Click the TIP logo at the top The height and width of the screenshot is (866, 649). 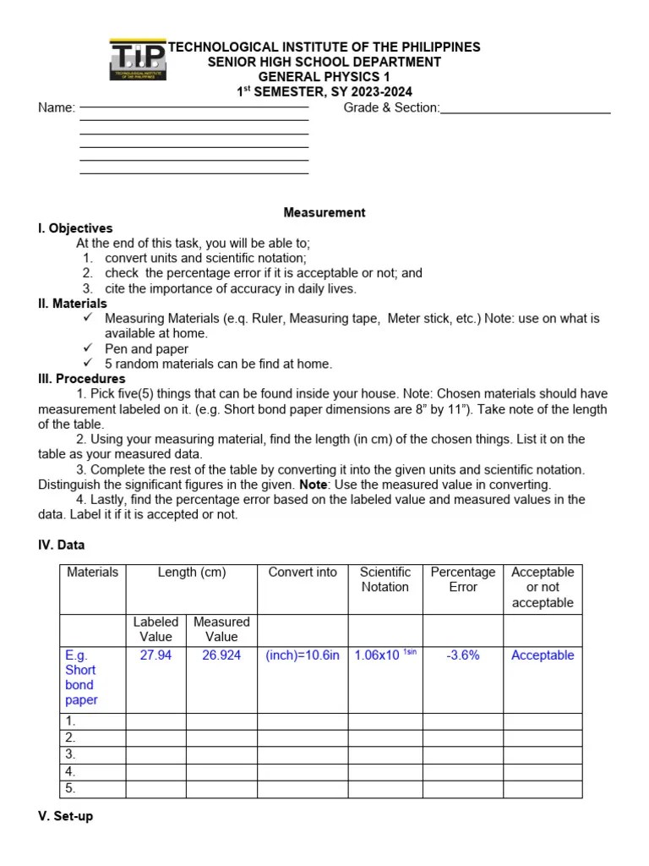coord(138,60)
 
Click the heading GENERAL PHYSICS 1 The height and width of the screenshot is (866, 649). coord(324,77)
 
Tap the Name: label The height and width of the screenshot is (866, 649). coord(57,107)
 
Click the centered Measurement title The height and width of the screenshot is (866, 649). coord(324,213)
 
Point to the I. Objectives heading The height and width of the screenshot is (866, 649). coord(75,228)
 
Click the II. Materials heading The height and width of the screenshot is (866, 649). coord(73,304)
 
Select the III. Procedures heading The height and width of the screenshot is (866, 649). coord(81,379)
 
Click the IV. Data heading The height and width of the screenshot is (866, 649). coord(61,545)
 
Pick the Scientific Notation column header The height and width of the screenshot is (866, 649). coord(384,579)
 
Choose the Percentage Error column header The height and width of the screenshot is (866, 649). coord(462,579)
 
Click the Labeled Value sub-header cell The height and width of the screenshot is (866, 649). coord(155,629)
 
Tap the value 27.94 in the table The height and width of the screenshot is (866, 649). coord(155,655)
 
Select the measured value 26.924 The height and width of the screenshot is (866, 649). coord(221,655)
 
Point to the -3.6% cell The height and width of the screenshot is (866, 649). coord(462,655)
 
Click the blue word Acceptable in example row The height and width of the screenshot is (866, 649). coord(543,655)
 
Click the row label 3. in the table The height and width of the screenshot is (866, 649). coord(71,754)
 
